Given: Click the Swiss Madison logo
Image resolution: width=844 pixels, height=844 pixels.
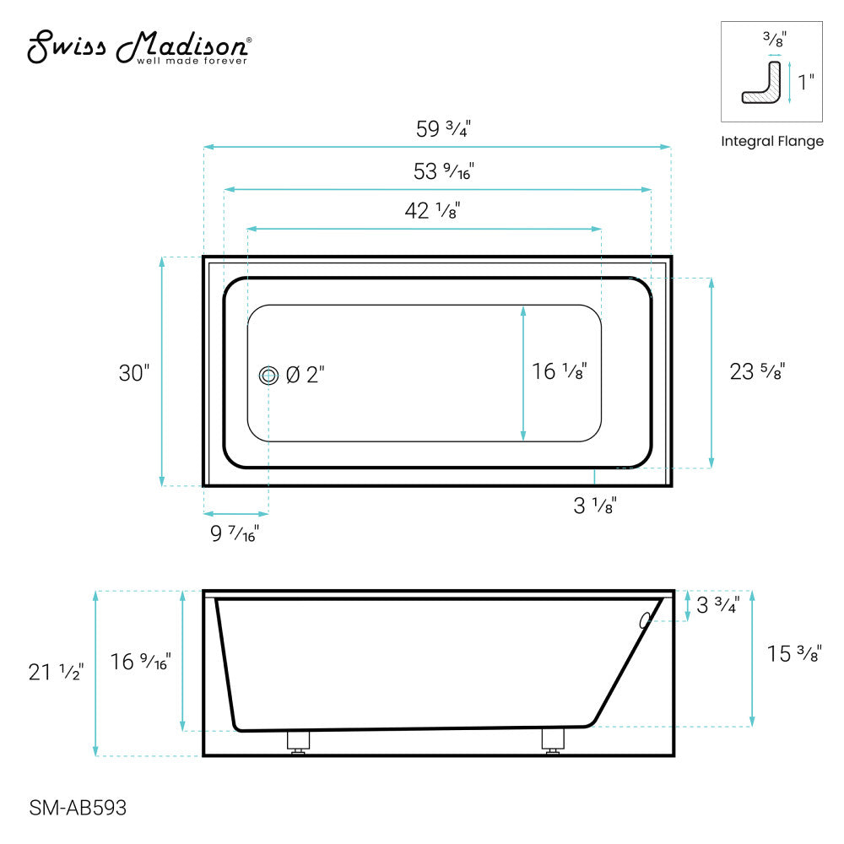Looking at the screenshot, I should point(139,48).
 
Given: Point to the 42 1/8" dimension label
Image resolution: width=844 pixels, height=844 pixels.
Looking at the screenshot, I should point(432,211).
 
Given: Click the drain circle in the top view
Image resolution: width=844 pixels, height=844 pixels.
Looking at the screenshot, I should point(268,376).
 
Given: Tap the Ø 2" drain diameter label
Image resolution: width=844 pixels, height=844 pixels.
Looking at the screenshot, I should point(306,375).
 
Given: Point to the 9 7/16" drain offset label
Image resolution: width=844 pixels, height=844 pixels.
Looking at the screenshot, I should point(234,533).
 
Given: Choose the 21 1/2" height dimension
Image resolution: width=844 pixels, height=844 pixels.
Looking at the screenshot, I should point(56,672).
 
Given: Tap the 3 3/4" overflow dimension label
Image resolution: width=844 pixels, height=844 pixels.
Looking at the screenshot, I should point(717,606).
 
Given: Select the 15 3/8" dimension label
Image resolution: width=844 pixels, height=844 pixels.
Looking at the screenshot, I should point(793,653).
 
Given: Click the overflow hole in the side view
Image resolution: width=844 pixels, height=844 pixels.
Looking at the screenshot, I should point(646,620).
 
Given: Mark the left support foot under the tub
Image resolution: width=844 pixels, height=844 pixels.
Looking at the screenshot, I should point(297,740).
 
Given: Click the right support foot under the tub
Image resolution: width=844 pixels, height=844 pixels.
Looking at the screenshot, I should point(552,740).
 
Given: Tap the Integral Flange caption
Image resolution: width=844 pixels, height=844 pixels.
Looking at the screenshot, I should point(771,142).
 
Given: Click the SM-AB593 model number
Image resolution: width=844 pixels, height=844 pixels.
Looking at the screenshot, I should point(78,808).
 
